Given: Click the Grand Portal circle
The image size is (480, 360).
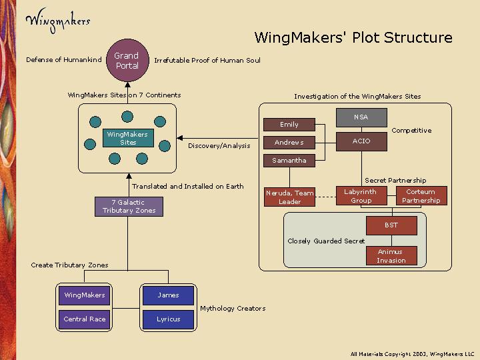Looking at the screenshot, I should pyautogui.click(x=126, y=61).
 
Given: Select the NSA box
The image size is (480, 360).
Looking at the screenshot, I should pyautogui.click(x=361, y=117).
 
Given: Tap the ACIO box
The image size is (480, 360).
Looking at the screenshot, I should pyautogui.click(x=361, y=141).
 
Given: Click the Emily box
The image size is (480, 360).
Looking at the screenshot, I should pyautogui.click(x=289, y=125).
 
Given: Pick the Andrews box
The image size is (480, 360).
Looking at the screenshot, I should pyautogui.click(x=289, y=143).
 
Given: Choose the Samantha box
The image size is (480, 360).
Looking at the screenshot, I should pyautogui.click(x=289, y=161).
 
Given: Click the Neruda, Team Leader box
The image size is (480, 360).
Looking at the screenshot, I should pyautogui.click(x=289, y=197).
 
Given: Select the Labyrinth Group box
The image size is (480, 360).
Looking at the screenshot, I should pyautogui.click(x=360, y=196).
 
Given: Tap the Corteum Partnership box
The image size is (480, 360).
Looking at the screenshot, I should pyautogui.click(x=421, y=196).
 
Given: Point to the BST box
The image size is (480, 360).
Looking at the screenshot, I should pyautogui.click(x=391, y=225).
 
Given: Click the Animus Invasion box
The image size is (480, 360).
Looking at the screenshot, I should pyautogui.click(x=391, y=256).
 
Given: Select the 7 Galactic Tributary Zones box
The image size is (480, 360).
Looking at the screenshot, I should pyautogui.click(x=129, y=207).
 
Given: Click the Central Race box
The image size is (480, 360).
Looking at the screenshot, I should pyautogui.click(x=85, y=319).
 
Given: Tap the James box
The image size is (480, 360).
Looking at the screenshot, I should pyautogui.click(x=169, y=295).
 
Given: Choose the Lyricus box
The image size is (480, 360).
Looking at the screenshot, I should pyautogui.click(x=169, y=319).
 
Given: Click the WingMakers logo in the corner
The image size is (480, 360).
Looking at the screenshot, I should pyautogui.click(x=57, y=19).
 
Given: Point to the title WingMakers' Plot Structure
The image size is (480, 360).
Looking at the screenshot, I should pyautogui.click(x=353, y=38).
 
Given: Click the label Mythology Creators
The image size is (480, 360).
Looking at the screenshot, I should pyautogui.click(x=233, y=309).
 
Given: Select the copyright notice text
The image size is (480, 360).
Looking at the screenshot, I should pyautogui.click(x=412, y=353).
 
